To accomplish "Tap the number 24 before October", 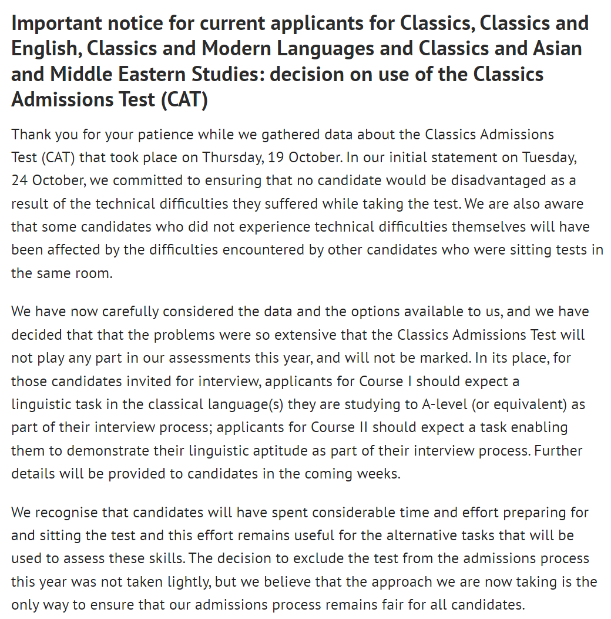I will (19, 180).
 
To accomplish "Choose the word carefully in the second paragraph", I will (130, 311).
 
